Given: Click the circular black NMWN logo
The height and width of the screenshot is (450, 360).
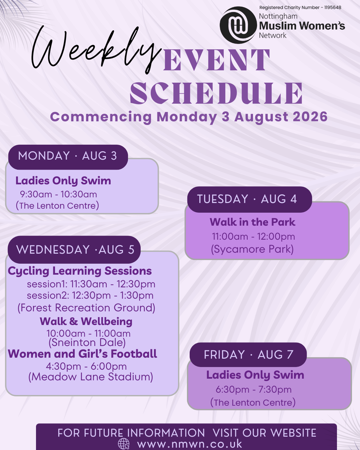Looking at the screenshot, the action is point(238,25).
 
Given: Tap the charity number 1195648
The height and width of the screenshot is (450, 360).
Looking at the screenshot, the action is point(333,8).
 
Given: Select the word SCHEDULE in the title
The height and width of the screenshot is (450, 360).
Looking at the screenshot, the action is point(216,93).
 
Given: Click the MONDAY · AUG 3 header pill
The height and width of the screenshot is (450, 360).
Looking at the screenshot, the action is point(68,157).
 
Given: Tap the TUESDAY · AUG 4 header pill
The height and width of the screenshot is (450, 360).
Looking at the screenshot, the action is point(250,199).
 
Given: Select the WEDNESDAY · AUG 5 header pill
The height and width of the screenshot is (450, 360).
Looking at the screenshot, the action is point(74,250).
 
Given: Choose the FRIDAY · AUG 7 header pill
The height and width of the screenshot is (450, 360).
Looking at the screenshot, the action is point(248,355).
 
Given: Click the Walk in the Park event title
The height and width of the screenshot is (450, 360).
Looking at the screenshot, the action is point(252,222).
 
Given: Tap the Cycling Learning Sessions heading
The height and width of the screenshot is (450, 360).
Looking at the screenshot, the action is point(80,271).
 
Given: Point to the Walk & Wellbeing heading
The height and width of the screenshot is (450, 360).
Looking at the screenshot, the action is point(86,321).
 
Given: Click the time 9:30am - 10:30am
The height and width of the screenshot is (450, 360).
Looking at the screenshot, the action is point(59,194).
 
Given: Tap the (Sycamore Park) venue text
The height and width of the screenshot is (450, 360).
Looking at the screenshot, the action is point(252,249).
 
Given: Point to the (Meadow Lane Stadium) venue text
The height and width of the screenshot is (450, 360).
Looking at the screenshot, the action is point(91,377).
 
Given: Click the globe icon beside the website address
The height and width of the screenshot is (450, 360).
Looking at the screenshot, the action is point(124,444).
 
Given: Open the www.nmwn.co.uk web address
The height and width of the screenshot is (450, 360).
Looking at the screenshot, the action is point(190,444).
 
